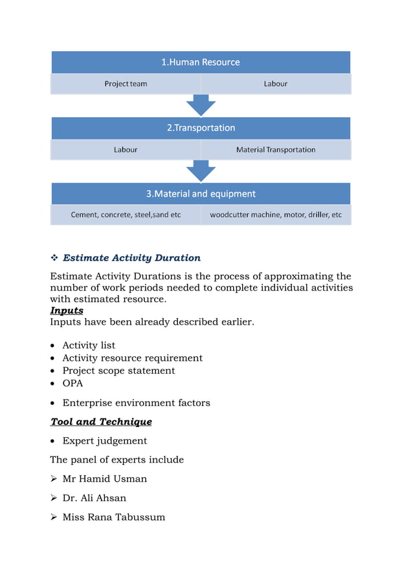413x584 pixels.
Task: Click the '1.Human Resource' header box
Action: pos(201,62)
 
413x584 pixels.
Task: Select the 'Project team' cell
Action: pos(126,84)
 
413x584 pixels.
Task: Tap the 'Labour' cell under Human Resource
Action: pos(275,84)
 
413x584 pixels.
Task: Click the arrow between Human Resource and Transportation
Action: pos(201,105)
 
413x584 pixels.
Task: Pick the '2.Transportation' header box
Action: pos(201,128)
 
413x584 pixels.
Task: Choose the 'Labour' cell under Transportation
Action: pos(126,149)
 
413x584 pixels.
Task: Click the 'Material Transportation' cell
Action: pos(276,149)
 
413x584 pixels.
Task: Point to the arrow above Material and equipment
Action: pos(201,171)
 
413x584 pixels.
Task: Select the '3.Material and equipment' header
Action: pos(201,193)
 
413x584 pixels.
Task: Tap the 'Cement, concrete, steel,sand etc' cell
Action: pos(126,215)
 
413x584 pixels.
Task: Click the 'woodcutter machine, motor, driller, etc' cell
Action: pos(276,215)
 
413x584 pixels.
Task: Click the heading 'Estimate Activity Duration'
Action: pos(131,258)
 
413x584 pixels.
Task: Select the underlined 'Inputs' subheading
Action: pos(67,310)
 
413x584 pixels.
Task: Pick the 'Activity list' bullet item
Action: pos(89,345)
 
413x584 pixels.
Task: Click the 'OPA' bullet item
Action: pos(73,384)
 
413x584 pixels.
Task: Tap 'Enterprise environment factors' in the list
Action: pos(136,403)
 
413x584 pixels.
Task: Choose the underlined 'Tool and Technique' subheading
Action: pos(101,422)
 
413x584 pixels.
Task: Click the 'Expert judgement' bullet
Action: pos(104,441)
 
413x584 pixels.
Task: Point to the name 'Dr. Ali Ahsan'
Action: pos(94,498)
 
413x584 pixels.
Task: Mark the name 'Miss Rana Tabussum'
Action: pos(113,517)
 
